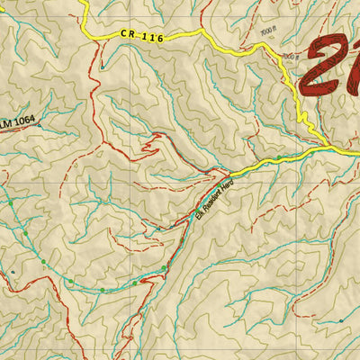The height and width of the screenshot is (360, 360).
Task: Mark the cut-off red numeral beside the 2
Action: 354,67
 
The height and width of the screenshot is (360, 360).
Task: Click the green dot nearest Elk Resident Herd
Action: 164,269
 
